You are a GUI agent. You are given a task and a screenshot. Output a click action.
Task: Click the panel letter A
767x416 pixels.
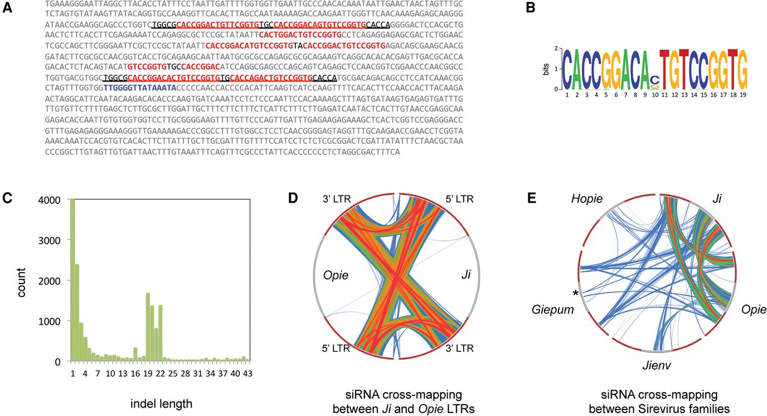(x=7, y=8)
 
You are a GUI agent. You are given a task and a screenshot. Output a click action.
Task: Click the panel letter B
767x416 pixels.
(x=530, y=8)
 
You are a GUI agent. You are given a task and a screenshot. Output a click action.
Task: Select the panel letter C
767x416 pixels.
(x=7, y=199)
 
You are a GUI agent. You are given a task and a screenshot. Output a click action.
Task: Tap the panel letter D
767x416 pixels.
(x=294, y=198)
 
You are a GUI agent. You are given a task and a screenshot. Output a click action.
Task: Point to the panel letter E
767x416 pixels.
(x=532, y=198)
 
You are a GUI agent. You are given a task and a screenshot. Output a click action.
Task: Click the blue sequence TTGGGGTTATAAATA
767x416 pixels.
(x=140, y=88)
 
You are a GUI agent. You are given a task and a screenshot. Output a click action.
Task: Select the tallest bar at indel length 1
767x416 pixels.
(x=73, y=280)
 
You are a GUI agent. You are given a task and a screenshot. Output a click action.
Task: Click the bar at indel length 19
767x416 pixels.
(x=148, y=327)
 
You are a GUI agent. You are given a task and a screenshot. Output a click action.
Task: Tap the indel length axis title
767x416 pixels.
(x=161, y=403)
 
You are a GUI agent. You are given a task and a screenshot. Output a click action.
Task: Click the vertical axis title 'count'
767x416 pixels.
(x=20, y=282)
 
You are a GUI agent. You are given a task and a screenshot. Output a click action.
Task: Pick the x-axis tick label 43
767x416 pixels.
(x=247, y=373)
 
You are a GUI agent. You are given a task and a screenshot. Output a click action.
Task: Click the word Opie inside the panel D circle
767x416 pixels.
(x=336, y=275)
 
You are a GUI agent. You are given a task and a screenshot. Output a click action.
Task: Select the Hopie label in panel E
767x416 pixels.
(x=587, y=199)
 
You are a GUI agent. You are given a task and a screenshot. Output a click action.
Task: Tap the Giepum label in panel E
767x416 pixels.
(x=552, y=310)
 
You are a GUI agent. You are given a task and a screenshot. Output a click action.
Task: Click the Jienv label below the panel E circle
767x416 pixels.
(x=657, y=365)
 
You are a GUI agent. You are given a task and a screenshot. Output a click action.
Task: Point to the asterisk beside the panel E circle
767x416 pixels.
(x=576, y=293)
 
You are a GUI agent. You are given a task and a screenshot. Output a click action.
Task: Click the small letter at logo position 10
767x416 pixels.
(x=655, y=79)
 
